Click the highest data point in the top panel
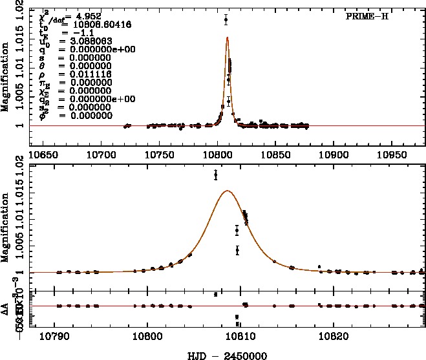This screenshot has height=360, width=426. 226,19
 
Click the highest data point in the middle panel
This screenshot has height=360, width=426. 216,175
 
